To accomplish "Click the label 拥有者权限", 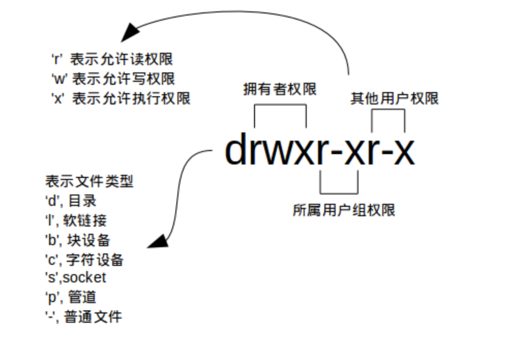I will click(280, 89).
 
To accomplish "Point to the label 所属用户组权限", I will click(343, 210).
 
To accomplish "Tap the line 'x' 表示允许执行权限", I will click(121, 98).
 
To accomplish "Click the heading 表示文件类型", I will click(89, 182).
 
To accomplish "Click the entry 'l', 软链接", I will click(76, 220).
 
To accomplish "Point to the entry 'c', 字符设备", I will click(84, 259).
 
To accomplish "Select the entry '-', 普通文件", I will click(84, 317).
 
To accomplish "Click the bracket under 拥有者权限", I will click(280, 107).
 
